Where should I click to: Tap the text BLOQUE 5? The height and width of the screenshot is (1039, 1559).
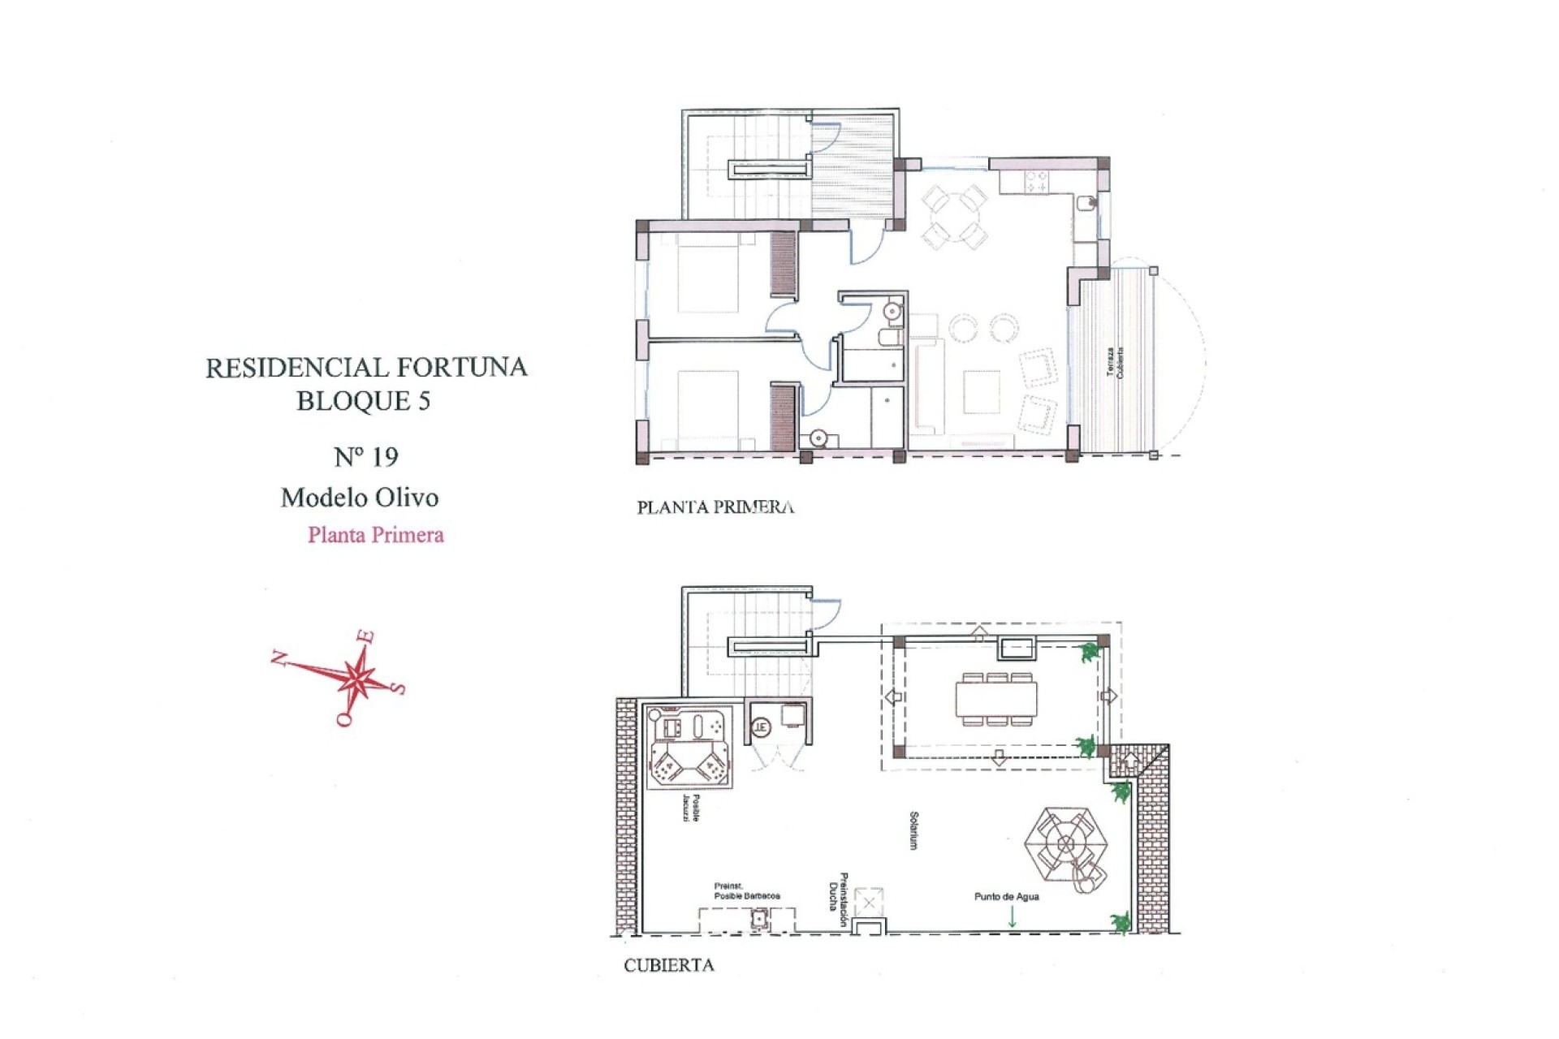pyautogui.click(x=363, y=401)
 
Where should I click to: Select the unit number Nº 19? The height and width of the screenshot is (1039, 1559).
pyautogui.click(x=366, y=457)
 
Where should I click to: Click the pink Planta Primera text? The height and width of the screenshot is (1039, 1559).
pyautogui.click(x=375, y=535)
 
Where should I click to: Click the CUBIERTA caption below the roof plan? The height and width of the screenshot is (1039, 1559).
pyautogui.click(x=668, y=965)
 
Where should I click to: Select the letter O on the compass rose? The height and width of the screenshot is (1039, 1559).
pyautogui.click(x=344, y=718)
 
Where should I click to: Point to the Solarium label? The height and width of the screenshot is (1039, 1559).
pyautogui.click(x=914, y=830)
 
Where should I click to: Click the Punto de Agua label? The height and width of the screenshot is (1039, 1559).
pyautogui.click(x=1006, y=897)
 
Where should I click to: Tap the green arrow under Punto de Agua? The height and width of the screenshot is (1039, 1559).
pyautogui.click(x=1012, y=917)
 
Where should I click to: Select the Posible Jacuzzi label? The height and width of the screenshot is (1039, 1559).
pyautogui.click(x=692, y=808)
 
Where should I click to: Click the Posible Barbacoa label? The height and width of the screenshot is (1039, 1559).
pyautogui.click(x=746, y=891)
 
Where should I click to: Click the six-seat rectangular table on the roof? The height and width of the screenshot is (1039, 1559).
pyautogui.click(x=996, y=699)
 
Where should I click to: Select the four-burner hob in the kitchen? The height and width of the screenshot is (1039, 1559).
pyautogui.click(x=1036, y=181)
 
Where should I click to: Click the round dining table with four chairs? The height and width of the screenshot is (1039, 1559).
pyautogui.click(x=955, y=217)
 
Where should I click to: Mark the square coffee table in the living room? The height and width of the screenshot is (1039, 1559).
pyautogui.click(x=982, y=392)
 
